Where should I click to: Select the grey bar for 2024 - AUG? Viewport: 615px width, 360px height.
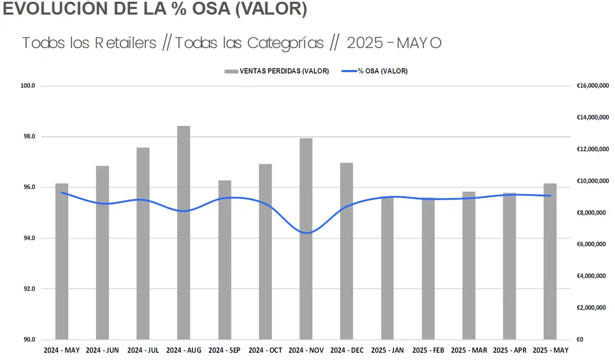184,232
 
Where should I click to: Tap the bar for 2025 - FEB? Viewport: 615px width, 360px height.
428,268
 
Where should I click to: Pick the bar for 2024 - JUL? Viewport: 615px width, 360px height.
143,243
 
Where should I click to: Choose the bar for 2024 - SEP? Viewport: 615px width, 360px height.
225,260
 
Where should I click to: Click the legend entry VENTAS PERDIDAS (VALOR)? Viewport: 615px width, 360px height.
277,71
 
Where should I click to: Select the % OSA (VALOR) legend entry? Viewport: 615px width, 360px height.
374,71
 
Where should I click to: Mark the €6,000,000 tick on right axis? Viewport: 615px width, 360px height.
593,244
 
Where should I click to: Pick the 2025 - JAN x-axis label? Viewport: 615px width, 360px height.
387,351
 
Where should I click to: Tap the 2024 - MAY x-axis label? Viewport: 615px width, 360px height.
61,351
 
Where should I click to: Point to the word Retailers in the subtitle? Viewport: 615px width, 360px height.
125,43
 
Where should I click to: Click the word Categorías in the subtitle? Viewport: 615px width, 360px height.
286,43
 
